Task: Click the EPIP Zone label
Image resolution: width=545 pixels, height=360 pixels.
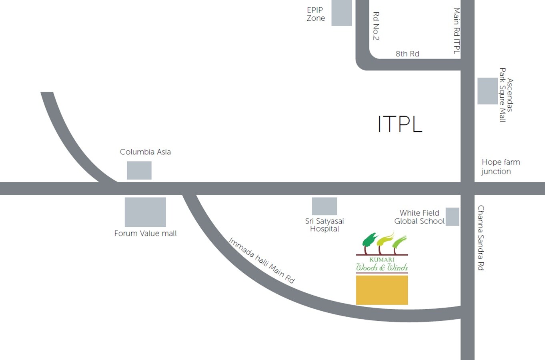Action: pyautogui.click(x=316, y=14)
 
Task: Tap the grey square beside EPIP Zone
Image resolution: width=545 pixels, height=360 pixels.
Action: pyautogui.click(x=341, y=13)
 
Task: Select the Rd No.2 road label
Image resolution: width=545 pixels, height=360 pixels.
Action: pyautogui.click(x=376, y=26)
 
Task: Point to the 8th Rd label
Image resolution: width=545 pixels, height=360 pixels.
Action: pyautogui.click(x=407, y=54)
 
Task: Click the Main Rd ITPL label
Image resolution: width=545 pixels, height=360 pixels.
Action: pyautogui.click(x=456, y=30)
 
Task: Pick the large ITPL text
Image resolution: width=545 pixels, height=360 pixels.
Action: pyautogui.click(x=400, y=124)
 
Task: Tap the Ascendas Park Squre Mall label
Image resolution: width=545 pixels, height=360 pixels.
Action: pyautogui.click(x=506, y=95)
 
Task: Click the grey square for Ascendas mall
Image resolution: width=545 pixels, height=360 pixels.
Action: pyautogui.click(x=487, y=91)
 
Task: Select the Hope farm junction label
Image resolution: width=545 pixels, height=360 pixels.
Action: pyautogui.click(x=500, y=166)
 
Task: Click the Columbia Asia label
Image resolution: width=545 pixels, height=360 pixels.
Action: pyautogui.click(x=145, y=152)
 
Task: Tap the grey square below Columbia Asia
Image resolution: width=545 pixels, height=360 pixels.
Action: pyautogui.click(x=139, y=170)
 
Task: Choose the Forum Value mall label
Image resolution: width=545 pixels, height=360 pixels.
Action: pyautogui.click(x=145, y=233)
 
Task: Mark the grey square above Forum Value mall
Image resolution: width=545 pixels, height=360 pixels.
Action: pyautogui.click(x=145, y=212)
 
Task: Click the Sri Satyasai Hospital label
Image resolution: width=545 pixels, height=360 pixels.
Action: pyautogui.click(x=325, y=225)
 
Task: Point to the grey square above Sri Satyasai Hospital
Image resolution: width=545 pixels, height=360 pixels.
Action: pyautogui.click(x=324, y=206)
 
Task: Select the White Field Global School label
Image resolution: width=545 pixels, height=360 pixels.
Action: pyautogui.click(x=419, y=217)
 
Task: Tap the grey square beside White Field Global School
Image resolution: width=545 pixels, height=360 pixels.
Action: pyautogui.click(x=452, y=216)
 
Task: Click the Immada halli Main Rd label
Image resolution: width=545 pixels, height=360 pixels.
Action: pyautogui.click(x=261, y=260)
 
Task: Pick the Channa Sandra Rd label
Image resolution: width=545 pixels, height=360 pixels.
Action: pyautogui.click(x=481, y=238)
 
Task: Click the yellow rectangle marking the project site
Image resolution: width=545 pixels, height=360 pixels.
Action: pyautogui.click(x=382, y=290)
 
